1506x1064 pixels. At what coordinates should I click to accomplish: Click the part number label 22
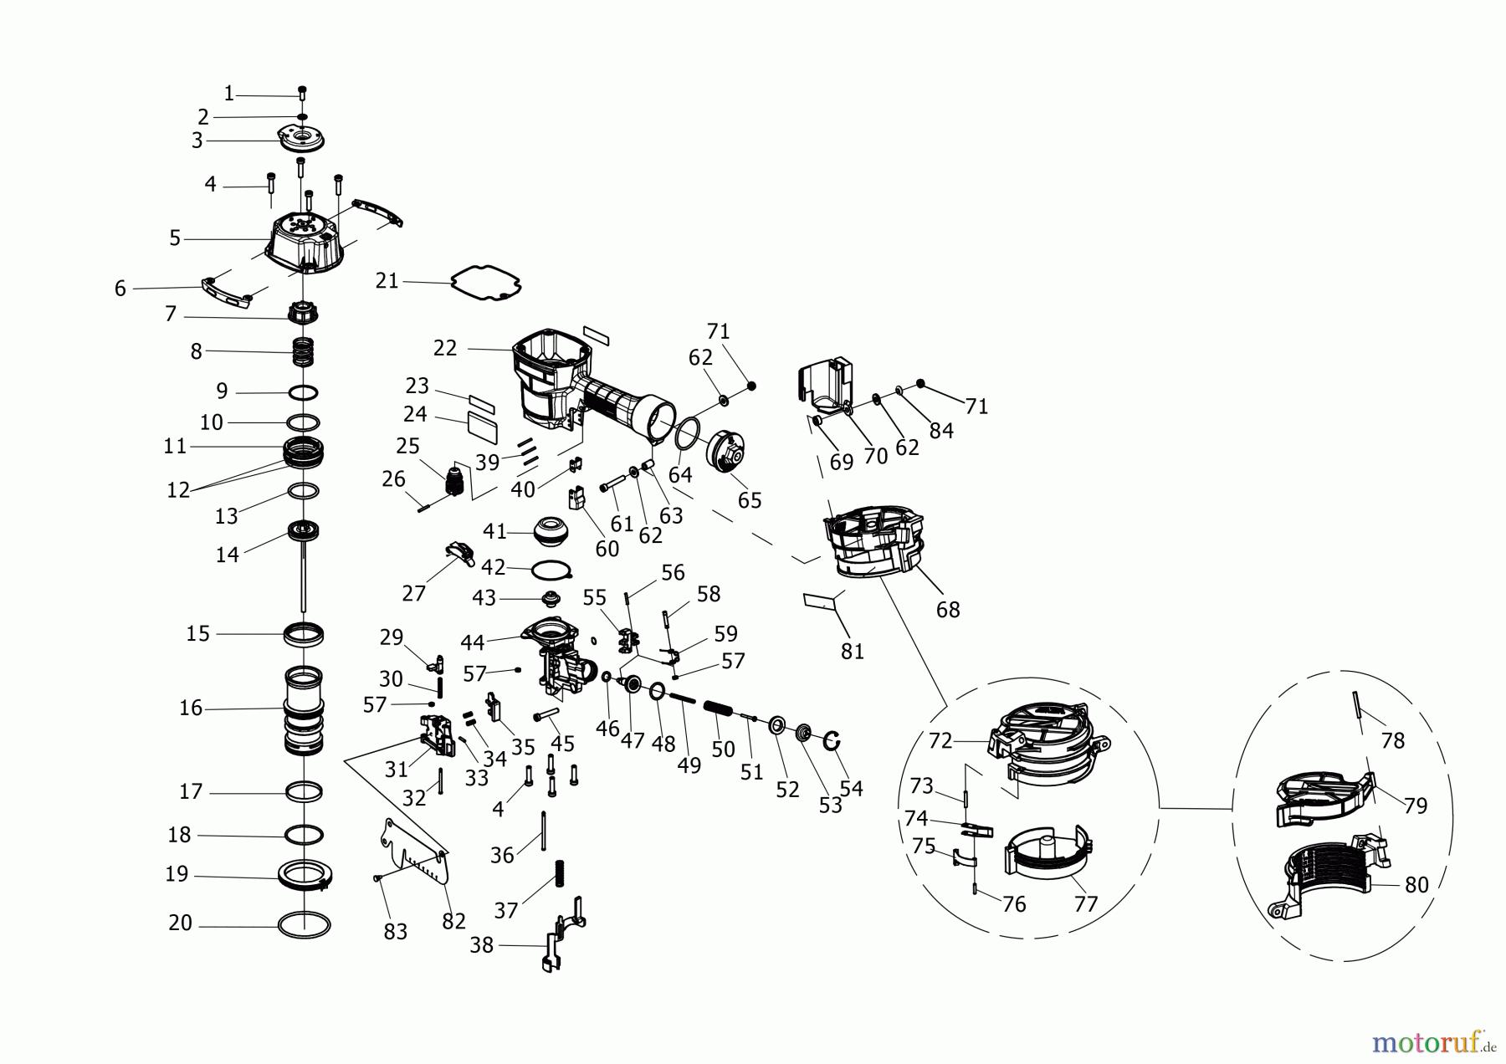click(445, 348)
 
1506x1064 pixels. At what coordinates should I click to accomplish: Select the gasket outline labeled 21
click(486, 283)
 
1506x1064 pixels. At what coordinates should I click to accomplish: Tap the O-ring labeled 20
click(305, 925)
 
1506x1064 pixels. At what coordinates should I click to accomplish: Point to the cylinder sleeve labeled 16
click(304, 709)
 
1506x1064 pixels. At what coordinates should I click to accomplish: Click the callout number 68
click(948, 610)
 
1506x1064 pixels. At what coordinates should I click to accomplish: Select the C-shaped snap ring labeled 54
click(832, 740)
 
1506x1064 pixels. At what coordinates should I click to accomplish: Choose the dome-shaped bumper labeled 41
click(551, 531)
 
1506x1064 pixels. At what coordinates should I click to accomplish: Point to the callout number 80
click(1416, 884)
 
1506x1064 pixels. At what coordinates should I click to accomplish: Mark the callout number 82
click(453, 920)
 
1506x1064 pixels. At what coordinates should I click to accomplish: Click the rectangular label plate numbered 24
click(482, 429)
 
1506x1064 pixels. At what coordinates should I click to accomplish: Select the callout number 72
click(940, 741)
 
